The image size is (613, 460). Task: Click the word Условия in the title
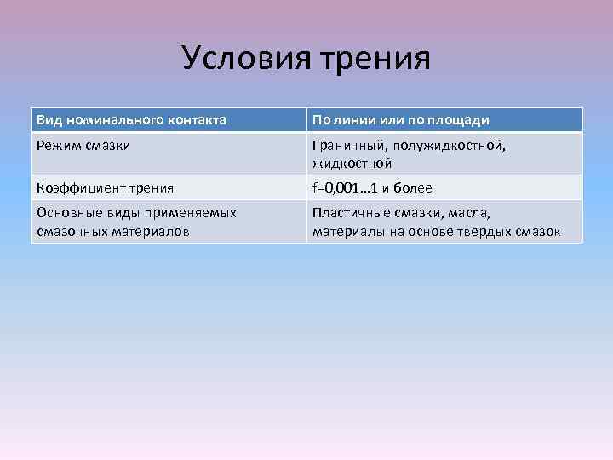click(248, 58)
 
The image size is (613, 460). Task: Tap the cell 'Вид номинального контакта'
click(132, 120)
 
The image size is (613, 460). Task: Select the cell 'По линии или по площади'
click(401, 120)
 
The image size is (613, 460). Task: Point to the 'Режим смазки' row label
click(83, 145)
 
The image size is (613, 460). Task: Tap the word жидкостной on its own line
click(352, 163)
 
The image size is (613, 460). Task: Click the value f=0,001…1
click(347, 187)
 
